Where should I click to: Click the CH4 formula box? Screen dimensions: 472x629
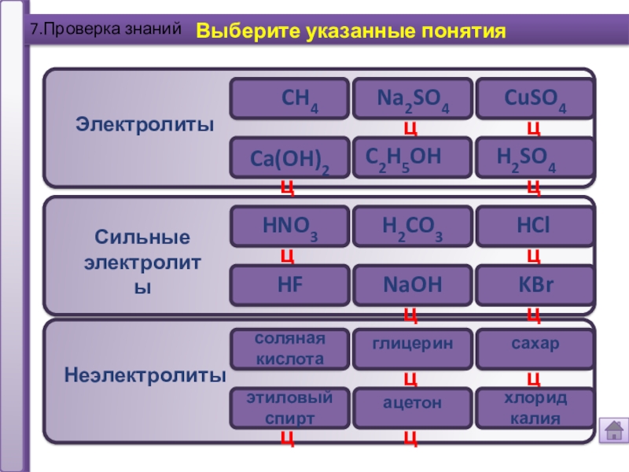click(x=289, y=99)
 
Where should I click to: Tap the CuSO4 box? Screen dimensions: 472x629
click(x=535, y=99)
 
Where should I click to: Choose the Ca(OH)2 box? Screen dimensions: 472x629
click(x=289, y=157)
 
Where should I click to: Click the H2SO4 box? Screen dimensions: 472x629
click(x=535, y=157)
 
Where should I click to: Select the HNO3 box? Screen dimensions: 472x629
click(x=289, y=227)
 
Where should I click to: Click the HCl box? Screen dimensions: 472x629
click(x=535, y=227)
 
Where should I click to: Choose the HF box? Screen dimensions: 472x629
click(x=289, y=286)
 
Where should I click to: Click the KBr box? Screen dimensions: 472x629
click(x=535, y=286)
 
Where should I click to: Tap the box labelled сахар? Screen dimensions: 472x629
click(x=535, y=347)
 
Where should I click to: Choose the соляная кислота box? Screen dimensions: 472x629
click(x=289, y=348)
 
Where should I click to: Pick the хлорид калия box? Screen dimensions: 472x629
click(x=535, y=407)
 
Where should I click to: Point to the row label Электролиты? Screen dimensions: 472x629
click(x=144, y=124)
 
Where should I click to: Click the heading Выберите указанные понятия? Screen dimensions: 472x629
click(x=350, y=32)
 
